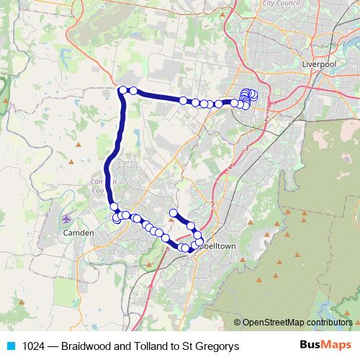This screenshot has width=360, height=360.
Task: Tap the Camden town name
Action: click(78, 233)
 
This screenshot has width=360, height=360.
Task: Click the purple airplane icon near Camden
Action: click(67, 217)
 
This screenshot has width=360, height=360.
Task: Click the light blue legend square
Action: click(10, 346)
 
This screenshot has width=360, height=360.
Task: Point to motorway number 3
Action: click(246, 148)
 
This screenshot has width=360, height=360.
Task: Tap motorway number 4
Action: click(230, 168)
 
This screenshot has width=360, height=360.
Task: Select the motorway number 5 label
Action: click(213, 204)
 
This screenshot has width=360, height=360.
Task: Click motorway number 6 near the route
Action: click(168, 248)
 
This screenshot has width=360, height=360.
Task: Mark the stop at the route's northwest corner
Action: click(123, 90)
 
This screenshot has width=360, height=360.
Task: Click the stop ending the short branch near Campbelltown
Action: click(173, 212)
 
